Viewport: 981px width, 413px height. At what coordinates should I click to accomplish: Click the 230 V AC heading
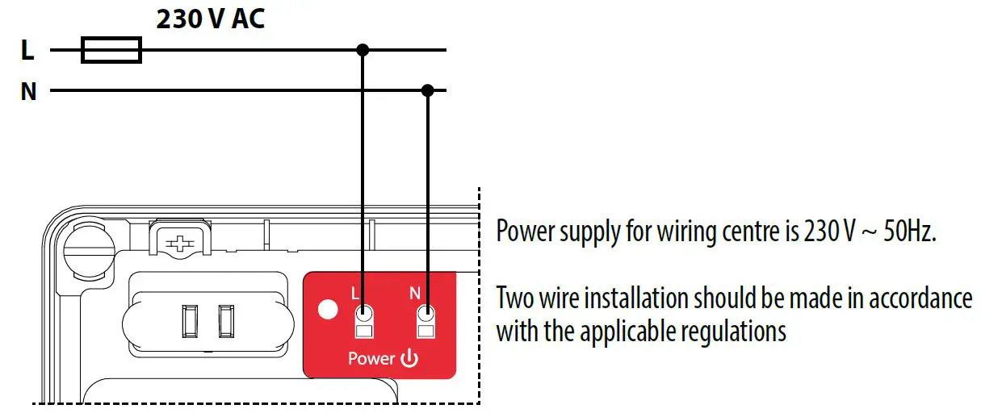tap(210, 19)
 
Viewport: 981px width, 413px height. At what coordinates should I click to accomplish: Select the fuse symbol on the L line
tap(111, 51)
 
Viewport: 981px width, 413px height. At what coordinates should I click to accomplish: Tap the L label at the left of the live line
tap(27, 52)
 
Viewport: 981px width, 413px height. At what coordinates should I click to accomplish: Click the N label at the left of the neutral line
tap(28, 92)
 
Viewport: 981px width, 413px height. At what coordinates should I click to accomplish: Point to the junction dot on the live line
tap(363, 50)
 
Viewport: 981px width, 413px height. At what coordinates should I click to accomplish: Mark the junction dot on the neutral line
tap(428, 90)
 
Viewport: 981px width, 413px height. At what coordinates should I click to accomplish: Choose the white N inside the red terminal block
tap(416, 293)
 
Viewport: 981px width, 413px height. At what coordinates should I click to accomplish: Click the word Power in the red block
tap(371, 358)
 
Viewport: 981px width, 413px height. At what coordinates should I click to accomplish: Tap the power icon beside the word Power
tap(409, 358)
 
